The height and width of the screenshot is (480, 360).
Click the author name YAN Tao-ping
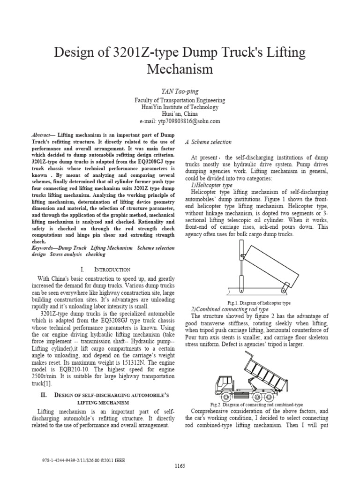tap(180, 90)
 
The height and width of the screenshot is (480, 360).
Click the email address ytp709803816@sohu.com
tap(180, 121)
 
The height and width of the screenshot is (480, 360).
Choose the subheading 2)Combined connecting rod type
tap(229, 310)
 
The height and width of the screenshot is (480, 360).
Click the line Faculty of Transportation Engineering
tap(180, 100)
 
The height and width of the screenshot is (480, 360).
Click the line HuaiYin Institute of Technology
tap(180, 107)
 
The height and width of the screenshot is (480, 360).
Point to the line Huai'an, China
tap(180, 114)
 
